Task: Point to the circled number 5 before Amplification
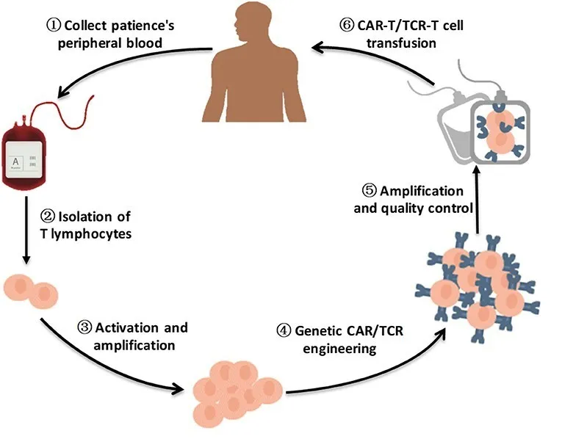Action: (x=370, y=191)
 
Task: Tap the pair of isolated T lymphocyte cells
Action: (x=31, y=291)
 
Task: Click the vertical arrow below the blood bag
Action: (x=27, y=228)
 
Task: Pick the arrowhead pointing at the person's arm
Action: (x=315, y=48)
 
